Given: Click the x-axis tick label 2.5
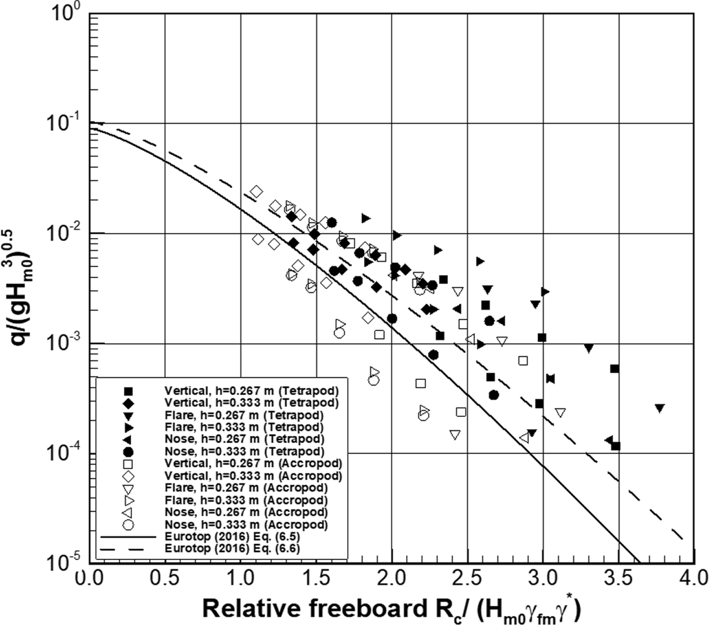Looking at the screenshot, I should [x=467, y=578].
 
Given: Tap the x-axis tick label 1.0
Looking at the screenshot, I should [x=241, y=578].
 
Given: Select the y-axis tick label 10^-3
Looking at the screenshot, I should [x=63, y=343].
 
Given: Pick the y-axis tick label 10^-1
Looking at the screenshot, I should [x=63, y=123].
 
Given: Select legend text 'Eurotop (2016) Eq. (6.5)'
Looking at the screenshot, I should [x=232, y=536].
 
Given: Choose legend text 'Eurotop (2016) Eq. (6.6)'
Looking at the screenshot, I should [x=232, y=548].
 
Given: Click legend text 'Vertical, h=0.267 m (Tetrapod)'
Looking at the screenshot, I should [x=251, y=391].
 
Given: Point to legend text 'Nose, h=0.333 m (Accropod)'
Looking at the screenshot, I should [x=246, y=524].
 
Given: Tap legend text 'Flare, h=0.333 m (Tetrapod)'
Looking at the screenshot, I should [x=244, y=427].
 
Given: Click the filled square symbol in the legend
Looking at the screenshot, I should [x=128, y=391].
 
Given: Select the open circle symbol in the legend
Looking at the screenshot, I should [x=128, y=524].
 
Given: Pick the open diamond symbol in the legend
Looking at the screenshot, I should [x=128, y=476].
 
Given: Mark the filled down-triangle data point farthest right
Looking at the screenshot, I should [x=659, y=408].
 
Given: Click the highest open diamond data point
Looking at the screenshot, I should [x=256, y=191].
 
